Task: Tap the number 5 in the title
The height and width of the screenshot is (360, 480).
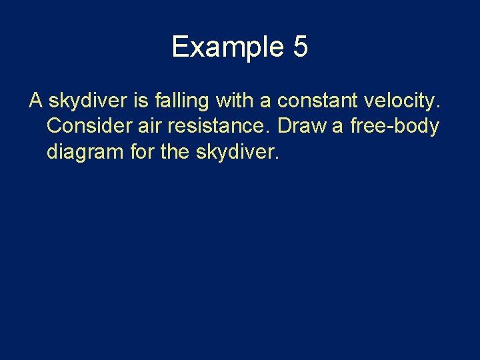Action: coord(299,47)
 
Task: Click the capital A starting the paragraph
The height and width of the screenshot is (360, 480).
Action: coord(36,101)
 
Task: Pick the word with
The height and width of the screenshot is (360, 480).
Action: coord(234,101)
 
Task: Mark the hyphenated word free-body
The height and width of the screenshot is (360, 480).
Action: coord(395,127)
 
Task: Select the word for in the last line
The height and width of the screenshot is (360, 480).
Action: coord(142,152)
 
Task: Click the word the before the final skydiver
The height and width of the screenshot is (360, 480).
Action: coord(175,152)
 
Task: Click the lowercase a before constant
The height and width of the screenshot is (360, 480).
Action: coord(265,101)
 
